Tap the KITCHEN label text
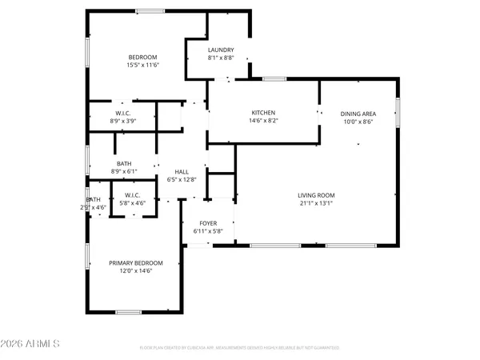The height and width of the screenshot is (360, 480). pyautogui.click(x=263, y=113)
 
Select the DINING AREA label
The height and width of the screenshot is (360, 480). pyautogui.click(x=358, y=114)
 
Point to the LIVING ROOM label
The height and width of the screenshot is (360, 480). pyautogui.click(x=316, y=195)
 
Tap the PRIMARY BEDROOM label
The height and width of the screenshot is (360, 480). pyautogui.click(x=136, y=263)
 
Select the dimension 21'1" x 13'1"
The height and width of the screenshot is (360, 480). pyautogui.click(x=316, y=203)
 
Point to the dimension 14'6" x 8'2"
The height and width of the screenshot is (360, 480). pyautogui.click(x=263, y=121)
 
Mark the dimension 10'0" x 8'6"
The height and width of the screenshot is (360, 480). pyautogui.click(x=358, y=122)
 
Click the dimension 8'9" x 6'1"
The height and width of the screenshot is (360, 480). pyautogui.click(x=124, y=171)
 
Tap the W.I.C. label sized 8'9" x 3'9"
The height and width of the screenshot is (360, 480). pyautogui.click(x=124, y=113)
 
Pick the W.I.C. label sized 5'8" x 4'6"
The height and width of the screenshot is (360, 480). pyautogui.click(x=132, y=195)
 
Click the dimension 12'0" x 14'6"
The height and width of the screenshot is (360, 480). pyautogui.click(x=136, y=271)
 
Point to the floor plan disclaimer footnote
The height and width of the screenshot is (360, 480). pyautogui.click(x=240, y=348)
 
